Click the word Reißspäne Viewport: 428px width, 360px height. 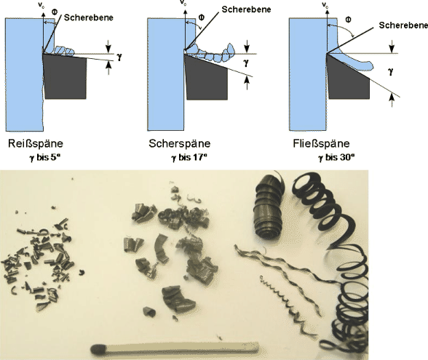point(36,144)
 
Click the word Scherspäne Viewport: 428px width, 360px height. point(179,144)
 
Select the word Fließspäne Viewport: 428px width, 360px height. point(321,144)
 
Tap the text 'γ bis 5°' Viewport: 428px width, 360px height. point(44,157)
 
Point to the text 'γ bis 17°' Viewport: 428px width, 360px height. point(189,157)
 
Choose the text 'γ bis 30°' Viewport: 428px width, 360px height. point(336,157)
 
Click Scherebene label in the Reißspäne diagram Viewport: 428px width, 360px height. point(89,17)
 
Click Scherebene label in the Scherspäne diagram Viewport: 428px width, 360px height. point(246,9)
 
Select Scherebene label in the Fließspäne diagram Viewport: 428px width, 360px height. point(403,25)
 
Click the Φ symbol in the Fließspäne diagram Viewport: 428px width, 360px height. point(348,20)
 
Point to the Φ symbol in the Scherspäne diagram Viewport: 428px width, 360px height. point(201,17)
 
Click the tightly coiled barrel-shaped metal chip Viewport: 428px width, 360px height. point(268,207)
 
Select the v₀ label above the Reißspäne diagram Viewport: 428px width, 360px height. point(41,5)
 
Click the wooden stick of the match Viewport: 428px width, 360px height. point(181,348)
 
